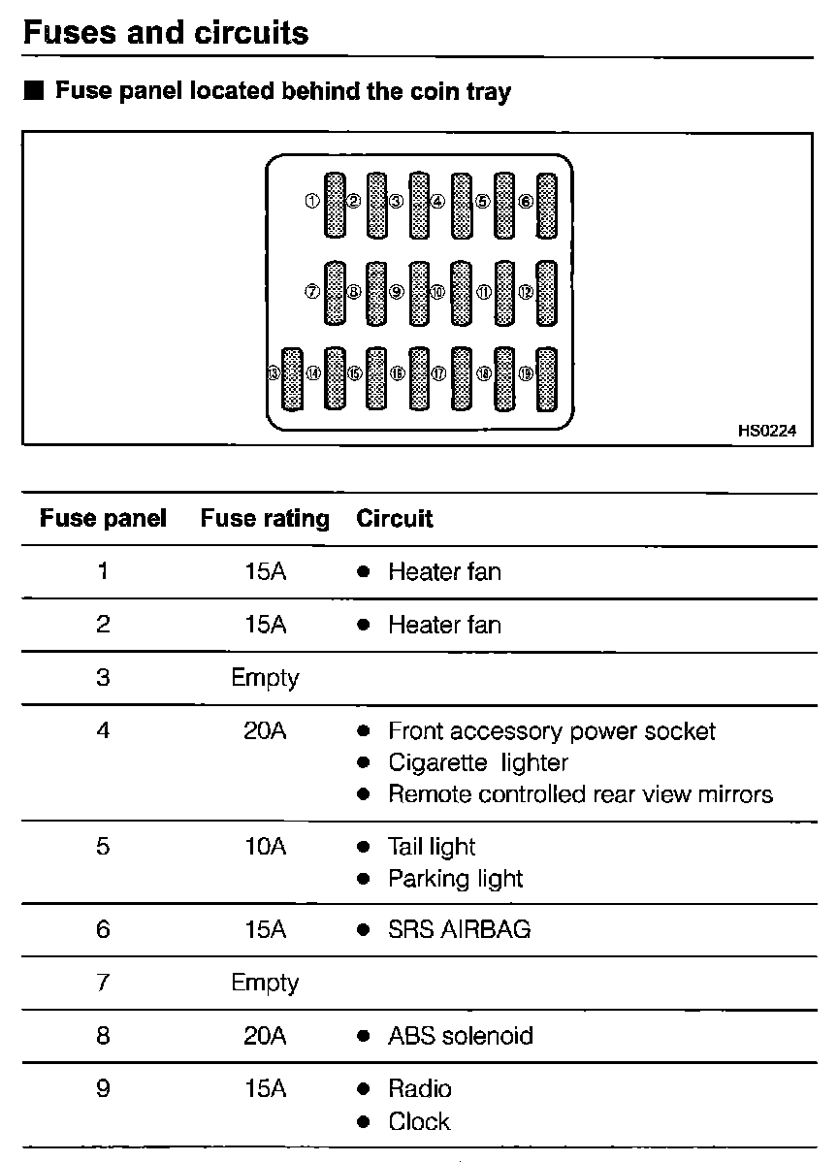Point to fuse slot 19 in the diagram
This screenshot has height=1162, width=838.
(547, 377)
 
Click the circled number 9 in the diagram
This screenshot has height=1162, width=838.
(396, 291)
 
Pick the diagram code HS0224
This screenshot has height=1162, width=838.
(766, 432)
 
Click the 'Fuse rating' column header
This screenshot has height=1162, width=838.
(265, 519)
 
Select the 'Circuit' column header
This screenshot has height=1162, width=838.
(395, 519)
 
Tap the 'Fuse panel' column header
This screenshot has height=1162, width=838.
(103, 519)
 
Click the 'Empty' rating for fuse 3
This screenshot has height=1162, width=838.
(265, 677)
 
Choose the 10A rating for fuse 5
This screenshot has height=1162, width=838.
(265, 847)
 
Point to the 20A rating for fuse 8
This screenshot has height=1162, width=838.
(265, 1036)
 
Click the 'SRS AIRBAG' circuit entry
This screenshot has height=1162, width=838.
(459, 929)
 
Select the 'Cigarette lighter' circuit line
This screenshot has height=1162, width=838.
(477, 762)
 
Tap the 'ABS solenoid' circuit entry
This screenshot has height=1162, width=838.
(460, 1036)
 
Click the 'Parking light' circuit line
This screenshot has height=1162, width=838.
(455, 879)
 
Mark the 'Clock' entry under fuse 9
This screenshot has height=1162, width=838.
(419, 1121)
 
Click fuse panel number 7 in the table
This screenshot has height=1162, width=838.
(103, 983)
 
